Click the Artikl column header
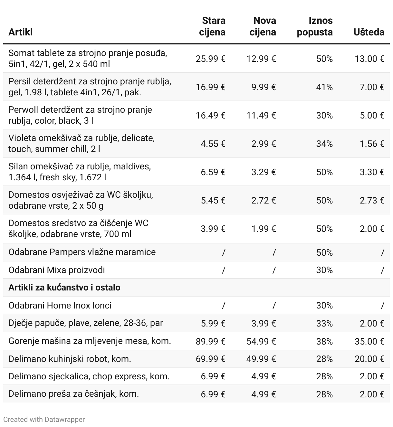pos(21,32)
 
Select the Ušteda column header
pos(369,32)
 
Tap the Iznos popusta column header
pos(315,26)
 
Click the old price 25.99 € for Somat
pos(210,59)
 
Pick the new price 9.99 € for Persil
pos(264,87)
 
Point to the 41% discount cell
pos(324,87)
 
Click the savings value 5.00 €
pos(372,115)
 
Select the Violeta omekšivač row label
pos(81,143)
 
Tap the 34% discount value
pos(324,144)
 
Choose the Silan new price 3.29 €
pos(264,172)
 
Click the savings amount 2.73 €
pos(372,200)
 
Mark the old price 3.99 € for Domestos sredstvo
pos(213,229)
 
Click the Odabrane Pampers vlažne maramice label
pos(82,252)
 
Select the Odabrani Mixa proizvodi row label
pos(57,270)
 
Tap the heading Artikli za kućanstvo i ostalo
pos(64,287)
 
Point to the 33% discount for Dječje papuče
pos(324,323)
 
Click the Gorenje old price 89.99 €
pos(210,341)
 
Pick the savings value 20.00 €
pos(369,359)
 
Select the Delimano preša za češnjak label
pos(73,394)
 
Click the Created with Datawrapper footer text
pos(44,419)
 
